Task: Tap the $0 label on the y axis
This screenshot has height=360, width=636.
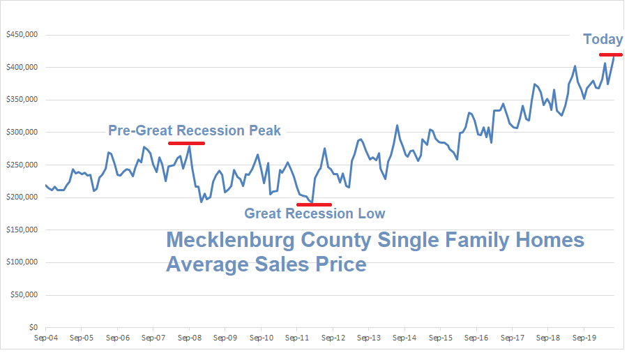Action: click(x=33, y=327)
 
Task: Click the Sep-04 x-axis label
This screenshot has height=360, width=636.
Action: click(x=45, y=338)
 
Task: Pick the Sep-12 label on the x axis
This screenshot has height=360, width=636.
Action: click(x=333, y=338)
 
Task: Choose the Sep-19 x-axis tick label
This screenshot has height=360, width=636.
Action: click(x=584, y=338)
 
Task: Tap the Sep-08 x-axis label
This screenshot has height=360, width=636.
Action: click(x=189, y=338)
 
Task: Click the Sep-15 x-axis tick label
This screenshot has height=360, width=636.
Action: click(x=440, y=338)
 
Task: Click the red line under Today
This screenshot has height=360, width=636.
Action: click(x=610, y=54)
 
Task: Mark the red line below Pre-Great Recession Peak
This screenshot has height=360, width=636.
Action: click(x=186, y=143)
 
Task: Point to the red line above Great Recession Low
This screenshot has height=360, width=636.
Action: click(x=314, y=204)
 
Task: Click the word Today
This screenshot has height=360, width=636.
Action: click(x=603, y=39)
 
